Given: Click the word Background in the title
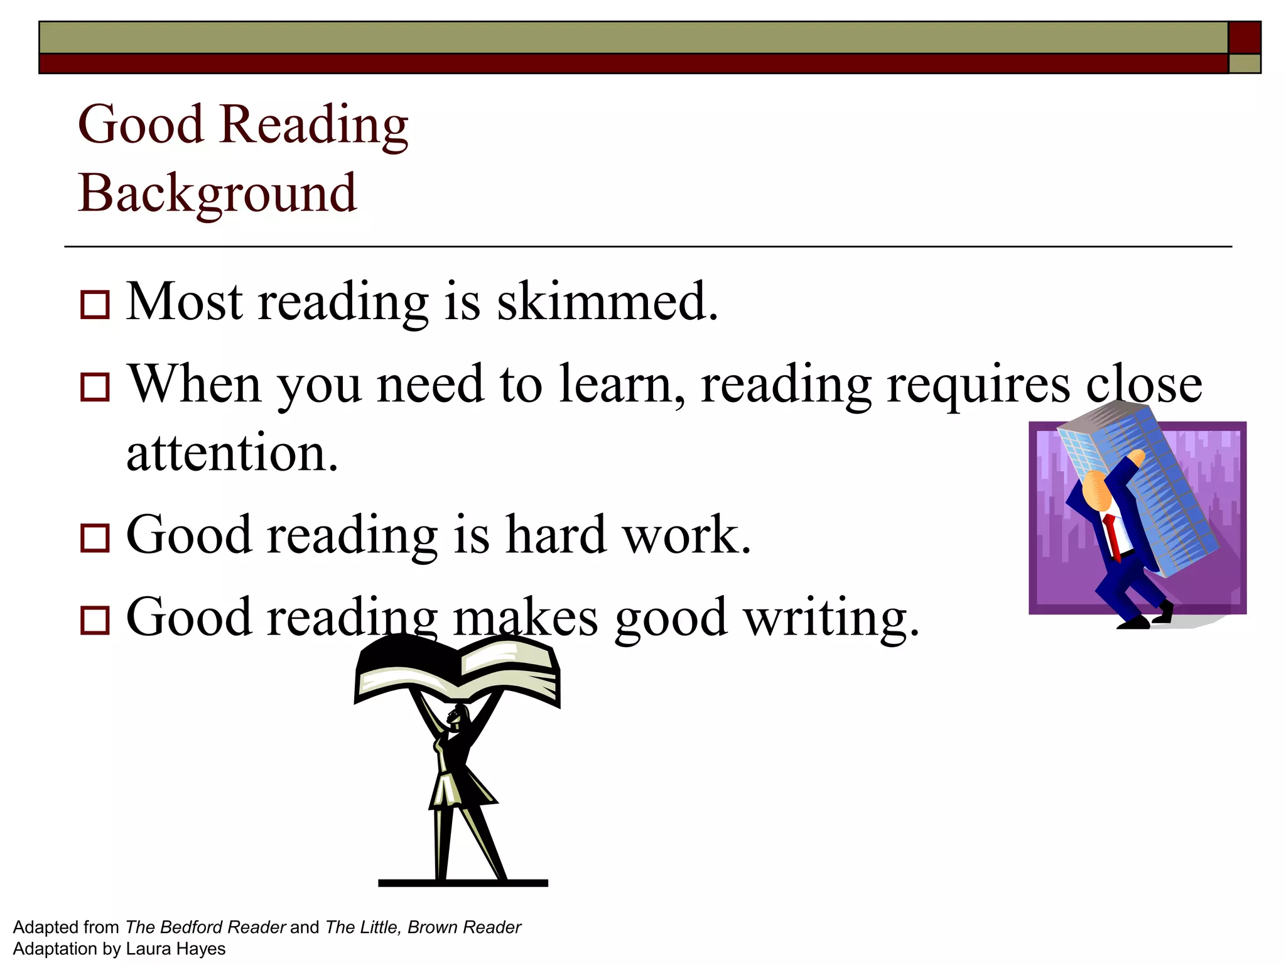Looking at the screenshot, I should (217, 194).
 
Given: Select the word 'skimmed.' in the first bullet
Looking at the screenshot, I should (607, 302).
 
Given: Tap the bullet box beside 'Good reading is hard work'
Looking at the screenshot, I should (95, 538).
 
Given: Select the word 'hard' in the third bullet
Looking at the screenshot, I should (556, 535).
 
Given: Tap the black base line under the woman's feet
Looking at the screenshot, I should (463, 883).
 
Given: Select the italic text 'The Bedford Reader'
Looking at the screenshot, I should (205, 927).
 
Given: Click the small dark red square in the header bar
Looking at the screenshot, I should (1244, 38).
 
